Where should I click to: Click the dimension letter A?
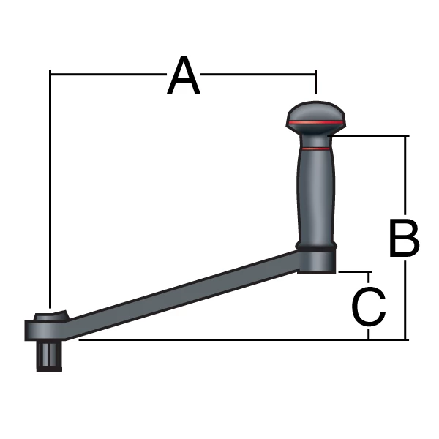pyautogui.click(x=183, y=78)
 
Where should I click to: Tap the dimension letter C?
pyautogui.click(x=369, y=307)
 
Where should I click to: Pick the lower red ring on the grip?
pyautogui.click(x=316, y=149)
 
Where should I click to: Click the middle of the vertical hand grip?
pyautogui.click(x=316, y=194)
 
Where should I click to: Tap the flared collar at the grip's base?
pyautogui.click(x=316, y=243)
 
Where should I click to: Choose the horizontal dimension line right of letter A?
pyautogui.click(x=260, y=72)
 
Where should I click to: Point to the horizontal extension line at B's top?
pyautogui.click(x=373, y=135)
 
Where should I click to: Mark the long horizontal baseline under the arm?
pyautogui.click(x=219, y=339)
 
